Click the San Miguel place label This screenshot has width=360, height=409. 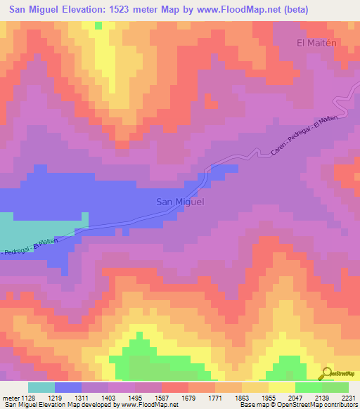click(x=179, y=202)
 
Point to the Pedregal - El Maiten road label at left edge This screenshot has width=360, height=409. click(x=28, y=247)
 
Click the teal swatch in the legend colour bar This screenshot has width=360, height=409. click(x=41, y=387)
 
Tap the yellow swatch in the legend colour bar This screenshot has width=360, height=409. click(x=282, y=387)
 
